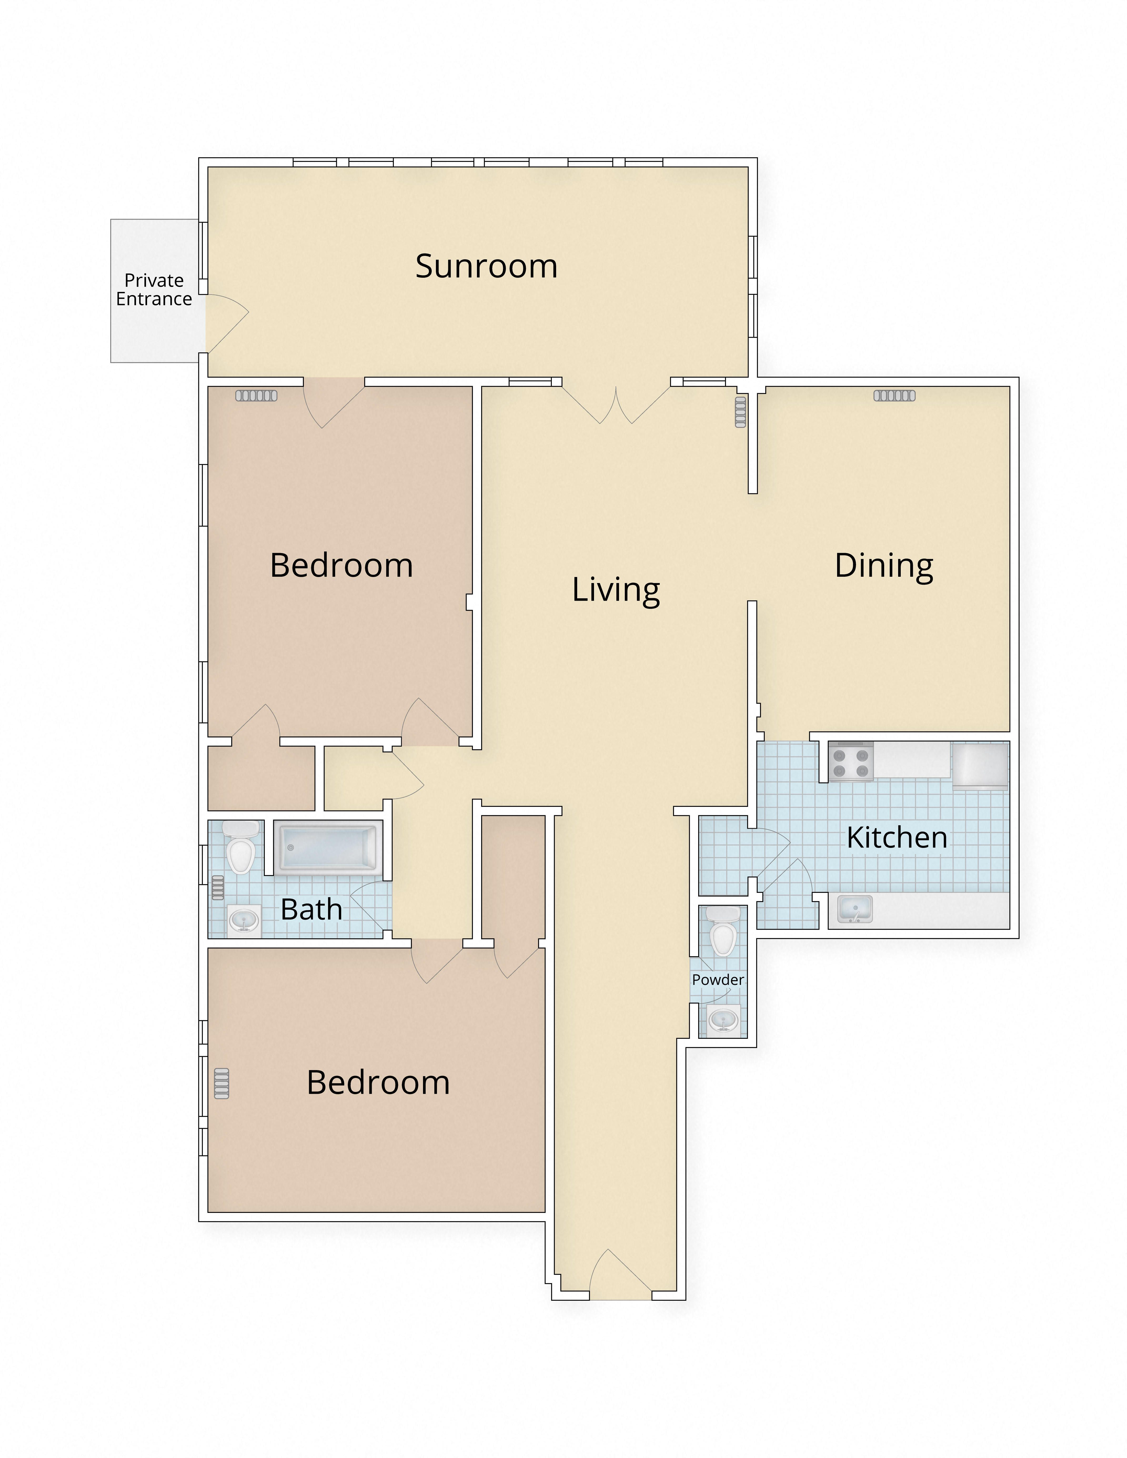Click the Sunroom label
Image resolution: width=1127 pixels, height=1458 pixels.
(x=486, y=266)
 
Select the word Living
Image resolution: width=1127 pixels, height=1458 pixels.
(x=616, y=590)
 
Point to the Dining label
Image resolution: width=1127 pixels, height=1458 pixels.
(x=883, y=566)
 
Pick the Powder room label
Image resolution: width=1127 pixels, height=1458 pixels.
(x=718, y=979)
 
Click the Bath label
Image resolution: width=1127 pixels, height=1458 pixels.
(x=311, y=909)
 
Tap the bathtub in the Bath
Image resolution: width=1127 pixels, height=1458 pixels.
(x=328, y=848)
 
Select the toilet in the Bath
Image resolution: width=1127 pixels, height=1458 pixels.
(x=240, y=848)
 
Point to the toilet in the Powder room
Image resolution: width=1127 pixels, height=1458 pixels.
(x=722, y=931)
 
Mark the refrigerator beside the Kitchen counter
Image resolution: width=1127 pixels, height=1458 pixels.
(x=979, y=766)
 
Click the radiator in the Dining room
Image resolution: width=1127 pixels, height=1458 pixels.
(x=894, y=396)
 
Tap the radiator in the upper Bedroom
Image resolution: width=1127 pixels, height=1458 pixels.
(x=256, y=396)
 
